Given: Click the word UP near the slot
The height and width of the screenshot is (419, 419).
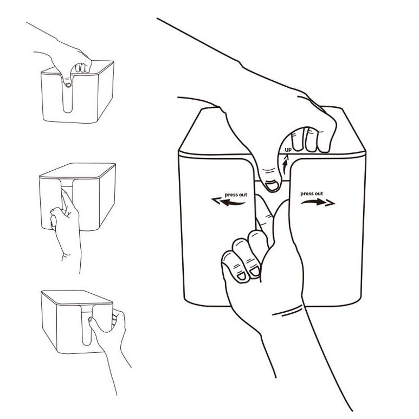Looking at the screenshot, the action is coord(288,150).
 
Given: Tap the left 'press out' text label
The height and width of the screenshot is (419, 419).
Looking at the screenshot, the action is coord(236,195).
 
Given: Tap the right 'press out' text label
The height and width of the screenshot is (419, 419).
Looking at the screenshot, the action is coord(312,194).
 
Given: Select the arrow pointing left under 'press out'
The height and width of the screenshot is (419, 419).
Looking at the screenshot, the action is coord(228,202).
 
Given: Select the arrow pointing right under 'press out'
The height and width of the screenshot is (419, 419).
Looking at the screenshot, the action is coord(318,202).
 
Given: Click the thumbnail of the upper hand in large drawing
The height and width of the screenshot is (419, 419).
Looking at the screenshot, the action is coord(272,185).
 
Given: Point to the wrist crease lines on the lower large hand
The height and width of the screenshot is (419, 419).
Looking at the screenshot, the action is coord(287,311).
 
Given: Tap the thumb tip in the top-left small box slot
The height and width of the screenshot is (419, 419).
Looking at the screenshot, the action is coord(68,85).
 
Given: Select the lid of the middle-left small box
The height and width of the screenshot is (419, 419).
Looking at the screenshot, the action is coord(78,171).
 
